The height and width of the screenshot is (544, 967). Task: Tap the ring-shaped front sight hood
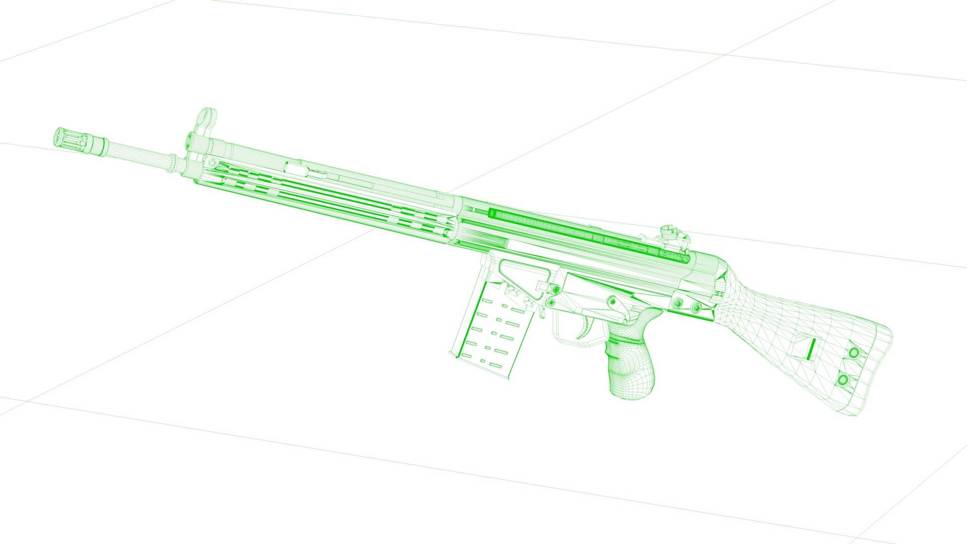(x=207, y=118)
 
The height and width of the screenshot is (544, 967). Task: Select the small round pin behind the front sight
(x=214, y=162)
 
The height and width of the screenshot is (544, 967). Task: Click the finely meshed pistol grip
(x=631, y=363)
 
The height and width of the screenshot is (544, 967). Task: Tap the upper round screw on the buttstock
(x=854, y=353)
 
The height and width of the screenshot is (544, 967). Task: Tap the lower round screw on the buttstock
(x=843, y=379)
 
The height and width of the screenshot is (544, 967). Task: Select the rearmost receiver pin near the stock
(x=697, y=307)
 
